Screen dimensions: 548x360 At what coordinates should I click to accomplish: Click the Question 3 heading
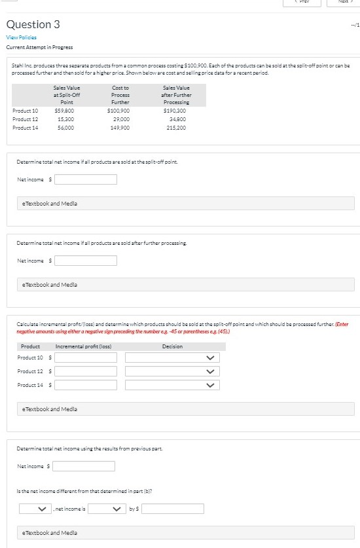pyautogui.click(x=33, y=24)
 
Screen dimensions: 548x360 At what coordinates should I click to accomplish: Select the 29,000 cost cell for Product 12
pyautogui.click(x=121, y=119)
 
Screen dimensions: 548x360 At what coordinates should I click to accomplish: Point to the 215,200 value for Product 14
pyautogui.click(x=176, y=128)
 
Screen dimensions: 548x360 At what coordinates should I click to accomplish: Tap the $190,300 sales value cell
pyautogui.click(x=175, y=111)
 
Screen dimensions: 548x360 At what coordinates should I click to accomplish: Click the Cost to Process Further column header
pyautogui.click(x=120, y=95)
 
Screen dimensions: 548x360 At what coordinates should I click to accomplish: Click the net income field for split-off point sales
pyautogui.click(x=85, y=179)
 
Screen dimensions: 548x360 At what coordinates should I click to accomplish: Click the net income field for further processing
pyautogui.click(x=85, y=261)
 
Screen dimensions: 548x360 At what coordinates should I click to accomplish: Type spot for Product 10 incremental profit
pyautogui.click(x=86, y=358)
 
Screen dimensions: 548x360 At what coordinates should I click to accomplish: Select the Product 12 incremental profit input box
pyautogui.click(x=86, y=371)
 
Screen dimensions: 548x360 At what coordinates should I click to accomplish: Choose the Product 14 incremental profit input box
pyautogui.click(x=86, y=385)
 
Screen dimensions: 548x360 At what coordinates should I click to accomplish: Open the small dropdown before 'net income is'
pyautogui.click(x=34, y=509)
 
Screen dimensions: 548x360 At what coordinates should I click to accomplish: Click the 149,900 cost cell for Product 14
pyautogui.click(x=120, y=128)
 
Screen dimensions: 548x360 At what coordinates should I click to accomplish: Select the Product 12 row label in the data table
pyautogui.click(x=26, y=119)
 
